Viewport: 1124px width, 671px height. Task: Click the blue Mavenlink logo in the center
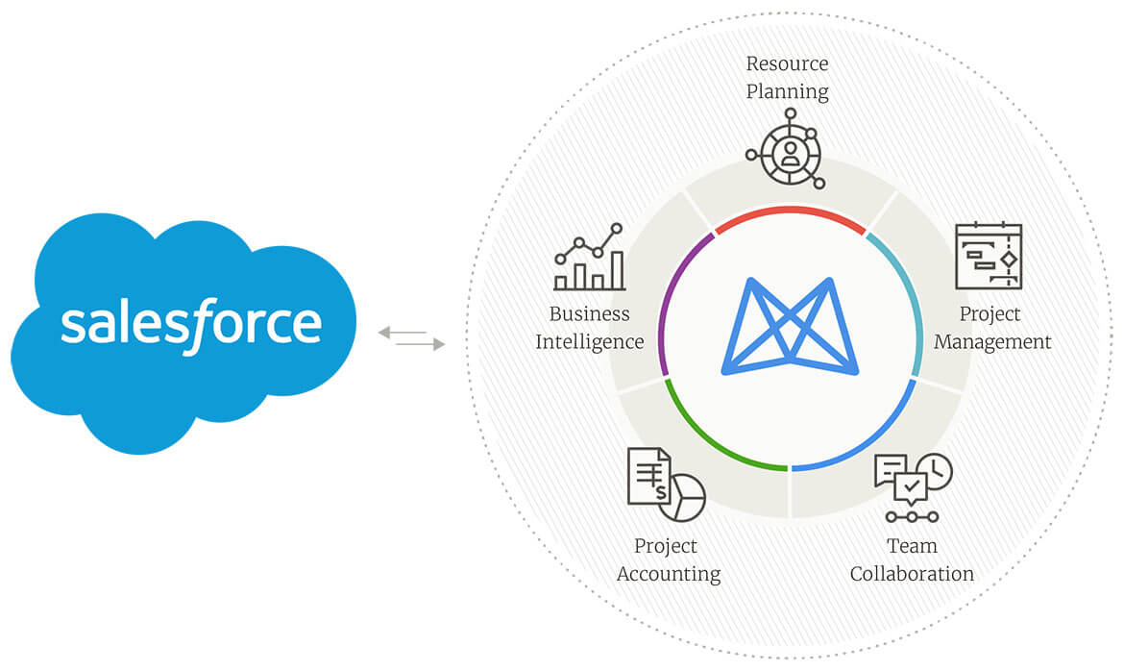click(x=789, y=326)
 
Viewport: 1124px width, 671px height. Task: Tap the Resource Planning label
click(x=788, y=78)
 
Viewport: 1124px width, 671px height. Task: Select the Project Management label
click(x=992, y=328)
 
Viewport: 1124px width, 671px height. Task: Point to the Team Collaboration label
click(x=912, y=559)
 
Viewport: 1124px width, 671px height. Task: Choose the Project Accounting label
click(x=668, y=559)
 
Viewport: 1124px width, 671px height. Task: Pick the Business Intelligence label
click(x=589, y=328)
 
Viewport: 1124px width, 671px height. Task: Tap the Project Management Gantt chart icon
click(x=989, y=256)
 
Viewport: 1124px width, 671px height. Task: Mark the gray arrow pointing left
click(x=402, y=333)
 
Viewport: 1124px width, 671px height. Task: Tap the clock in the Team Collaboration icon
click(x=934, y=470)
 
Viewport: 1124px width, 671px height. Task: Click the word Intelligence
click(x=589, y=341)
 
